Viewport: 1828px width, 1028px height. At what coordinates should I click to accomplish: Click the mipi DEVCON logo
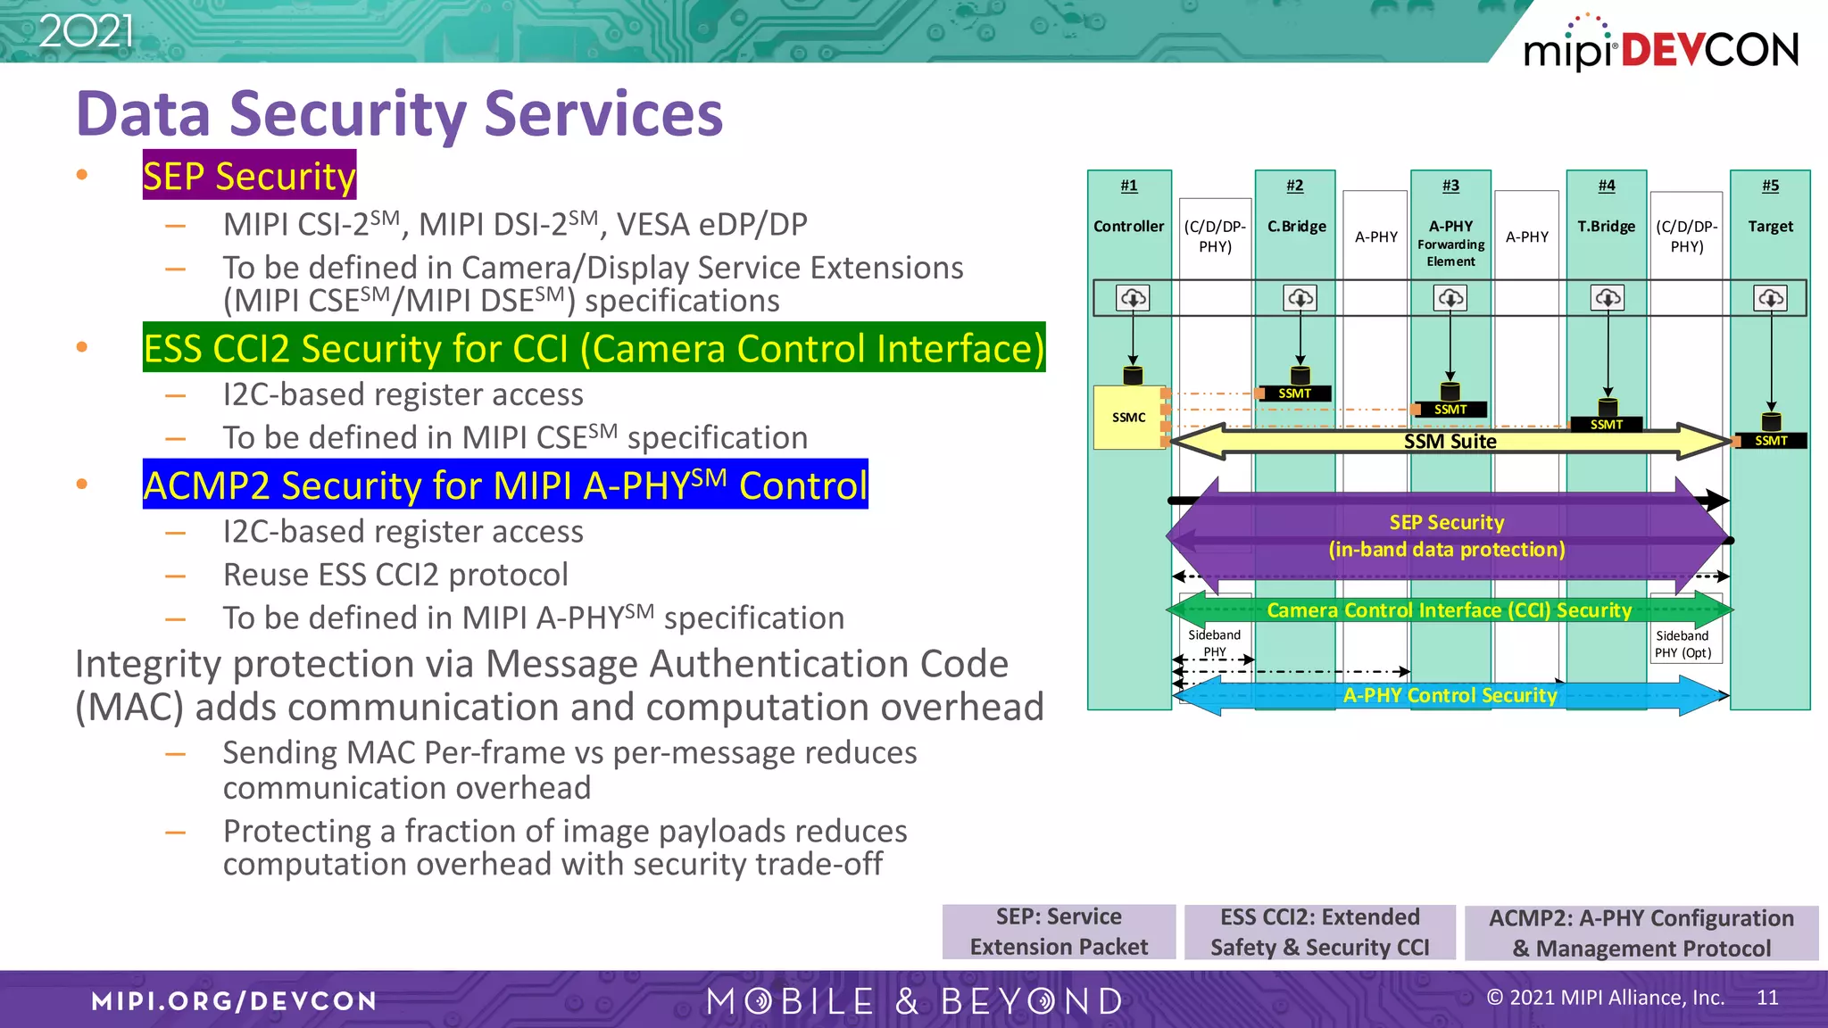click(x=1660, y=46)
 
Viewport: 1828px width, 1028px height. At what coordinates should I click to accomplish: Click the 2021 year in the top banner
click(x=87, y=31)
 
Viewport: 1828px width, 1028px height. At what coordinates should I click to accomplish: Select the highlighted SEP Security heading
click(x=249, y=176)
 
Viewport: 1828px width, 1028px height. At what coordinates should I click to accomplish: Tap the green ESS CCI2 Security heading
click(x=594, y=348)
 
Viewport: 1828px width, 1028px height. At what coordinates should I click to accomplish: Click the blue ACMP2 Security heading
click(x=505, y=485)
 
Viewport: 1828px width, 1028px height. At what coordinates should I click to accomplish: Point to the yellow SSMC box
click(x=1129, y=418)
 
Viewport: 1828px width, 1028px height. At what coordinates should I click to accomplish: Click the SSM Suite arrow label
click(x=1450, y=442)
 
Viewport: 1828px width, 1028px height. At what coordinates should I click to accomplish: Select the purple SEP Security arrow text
click(x=1447, y=535)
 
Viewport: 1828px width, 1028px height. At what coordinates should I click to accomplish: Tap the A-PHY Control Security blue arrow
click(x=1450, y=695)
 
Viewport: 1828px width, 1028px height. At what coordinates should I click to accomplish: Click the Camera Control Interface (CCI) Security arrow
click(x=1449, y=610)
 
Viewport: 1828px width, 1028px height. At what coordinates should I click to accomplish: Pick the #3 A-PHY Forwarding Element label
click(x=1450, y=242)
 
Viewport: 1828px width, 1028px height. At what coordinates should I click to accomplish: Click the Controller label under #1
click(x=1128, y=227)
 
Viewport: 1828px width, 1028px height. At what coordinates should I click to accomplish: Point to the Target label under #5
click(x=1770, y=227)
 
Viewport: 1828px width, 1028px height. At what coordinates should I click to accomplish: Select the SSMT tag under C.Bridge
click(x=1294, y=394)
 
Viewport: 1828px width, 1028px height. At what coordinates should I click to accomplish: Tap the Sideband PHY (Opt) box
click(x=1683, y=643)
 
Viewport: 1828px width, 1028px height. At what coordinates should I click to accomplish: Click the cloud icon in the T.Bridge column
click(x=1607, y=298)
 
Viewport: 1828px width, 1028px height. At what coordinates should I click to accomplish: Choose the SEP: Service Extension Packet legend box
click(x=1059, y=932)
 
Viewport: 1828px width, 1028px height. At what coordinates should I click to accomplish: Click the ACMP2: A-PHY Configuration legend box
click(x=1641, y=933)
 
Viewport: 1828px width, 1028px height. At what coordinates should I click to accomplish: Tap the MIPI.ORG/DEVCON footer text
click(x=234, y=1000)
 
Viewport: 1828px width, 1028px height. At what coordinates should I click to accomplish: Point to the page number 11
click(x=1767, y=998)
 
